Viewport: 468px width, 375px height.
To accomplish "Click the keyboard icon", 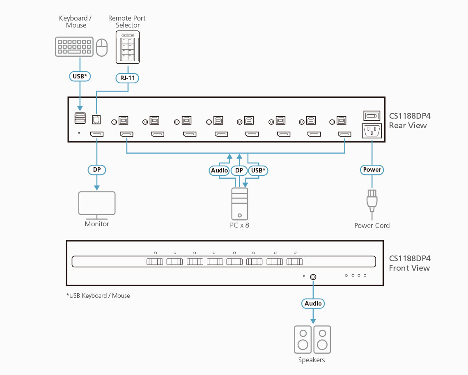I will [x=74, y=47].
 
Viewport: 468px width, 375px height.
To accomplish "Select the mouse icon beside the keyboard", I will [x=101, y=48].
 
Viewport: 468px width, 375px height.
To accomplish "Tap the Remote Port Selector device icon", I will [x=128, y=47].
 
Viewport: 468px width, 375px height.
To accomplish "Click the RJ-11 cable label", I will [x=128, y=77].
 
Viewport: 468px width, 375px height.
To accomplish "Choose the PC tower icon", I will [x=240, y=204].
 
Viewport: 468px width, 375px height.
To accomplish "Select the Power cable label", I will [x=372, y=170].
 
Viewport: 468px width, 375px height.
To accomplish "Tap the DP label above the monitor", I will [x=97, y=170].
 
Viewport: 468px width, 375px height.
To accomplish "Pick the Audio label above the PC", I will [x=219, y=170].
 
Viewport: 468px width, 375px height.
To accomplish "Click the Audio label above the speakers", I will [x=313, y=304].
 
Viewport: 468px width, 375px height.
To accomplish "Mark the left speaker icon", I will [x=303, y=339].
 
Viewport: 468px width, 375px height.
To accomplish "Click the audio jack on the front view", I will [x=313, y=277].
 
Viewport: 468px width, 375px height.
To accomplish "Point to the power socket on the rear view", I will [x=372, y=131].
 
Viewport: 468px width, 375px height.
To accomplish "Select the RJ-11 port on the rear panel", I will [x=96, y=119].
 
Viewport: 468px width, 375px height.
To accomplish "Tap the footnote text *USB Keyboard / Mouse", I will [x=98, y=295].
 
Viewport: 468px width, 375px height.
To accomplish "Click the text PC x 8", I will [x=239, y=225].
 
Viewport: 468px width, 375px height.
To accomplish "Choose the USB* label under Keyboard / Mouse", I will [x=80, y=76].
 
